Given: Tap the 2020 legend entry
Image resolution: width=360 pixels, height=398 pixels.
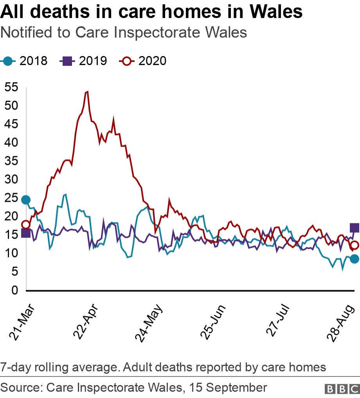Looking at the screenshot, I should coord(144,61).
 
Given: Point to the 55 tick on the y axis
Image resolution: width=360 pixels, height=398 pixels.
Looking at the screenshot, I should coord(11,87).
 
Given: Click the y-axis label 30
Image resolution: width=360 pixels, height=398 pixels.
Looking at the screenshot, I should coord(11,180).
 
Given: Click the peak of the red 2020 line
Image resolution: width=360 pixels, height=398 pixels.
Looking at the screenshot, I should coord(87,92).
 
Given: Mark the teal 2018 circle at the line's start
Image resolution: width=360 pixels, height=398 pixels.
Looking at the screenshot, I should coord(26,200).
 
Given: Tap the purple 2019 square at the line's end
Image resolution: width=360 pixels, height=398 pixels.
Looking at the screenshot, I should coord(355,228).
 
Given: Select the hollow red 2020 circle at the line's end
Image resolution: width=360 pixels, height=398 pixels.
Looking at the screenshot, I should coord(355,246).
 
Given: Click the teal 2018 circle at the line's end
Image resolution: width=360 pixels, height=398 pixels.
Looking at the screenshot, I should coord(355,259).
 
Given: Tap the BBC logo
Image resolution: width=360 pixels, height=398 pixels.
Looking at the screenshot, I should coord(342,389).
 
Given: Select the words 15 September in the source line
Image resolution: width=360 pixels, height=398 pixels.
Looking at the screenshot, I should coord(228,388).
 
